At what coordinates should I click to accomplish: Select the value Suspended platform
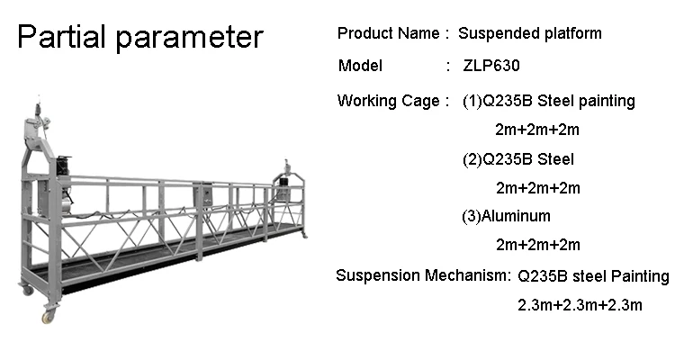pos(529,34)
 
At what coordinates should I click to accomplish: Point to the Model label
pos(360,66)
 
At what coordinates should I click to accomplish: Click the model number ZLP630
pos(491,66)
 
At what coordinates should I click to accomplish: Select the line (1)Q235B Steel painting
pos(548,101)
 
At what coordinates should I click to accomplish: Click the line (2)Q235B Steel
pos(517,160)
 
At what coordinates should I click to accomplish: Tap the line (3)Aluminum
pos(506,216)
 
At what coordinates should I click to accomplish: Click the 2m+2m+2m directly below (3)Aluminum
pos(537,245)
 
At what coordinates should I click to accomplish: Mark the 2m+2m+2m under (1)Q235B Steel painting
pos(536,130)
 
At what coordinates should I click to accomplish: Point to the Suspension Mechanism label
pos(422,275)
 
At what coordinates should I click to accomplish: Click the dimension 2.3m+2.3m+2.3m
pos(580,305)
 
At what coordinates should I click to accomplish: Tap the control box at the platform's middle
pos(205,194)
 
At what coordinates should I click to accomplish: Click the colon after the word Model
pos(448,66)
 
